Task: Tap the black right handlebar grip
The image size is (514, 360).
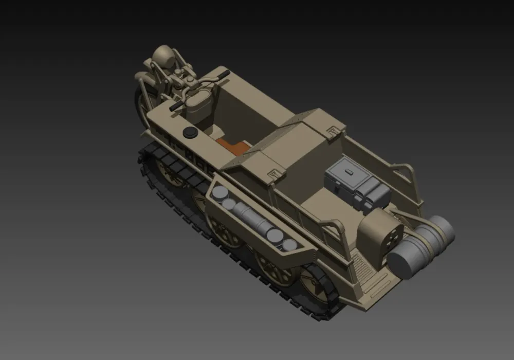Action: pos(224,75)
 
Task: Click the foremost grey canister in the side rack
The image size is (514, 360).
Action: pos(220,193)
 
